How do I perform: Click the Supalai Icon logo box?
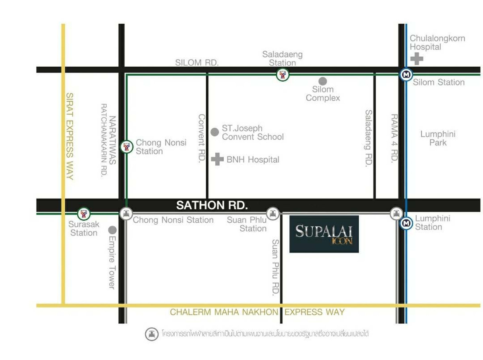(324, 234)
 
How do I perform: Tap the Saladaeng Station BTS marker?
(283, 74)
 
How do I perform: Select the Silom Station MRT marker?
(407, 74)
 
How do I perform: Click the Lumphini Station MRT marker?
(407, 223)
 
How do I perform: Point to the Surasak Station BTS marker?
(84, 213)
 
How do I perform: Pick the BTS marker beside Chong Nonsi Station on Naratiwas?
(127, 147)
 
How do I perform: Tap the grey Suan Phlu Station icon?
(273, 213)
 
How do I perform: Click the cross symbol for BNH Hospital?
(217, 159)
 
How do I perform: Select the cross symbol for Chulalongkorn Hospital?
(417, 59)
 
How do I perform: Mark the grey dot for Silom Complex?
(322, 81)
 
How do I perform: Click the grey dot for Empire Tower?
(112, 230)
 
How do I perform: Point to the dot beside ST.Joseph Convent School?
(215, 132)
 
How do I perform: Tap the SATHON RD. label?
(212, 205)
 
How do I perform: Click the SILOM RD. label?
(197, 63)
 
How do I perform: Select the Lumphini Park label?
(438, 138)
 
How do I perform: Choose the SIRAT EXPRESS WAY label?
(69, 136)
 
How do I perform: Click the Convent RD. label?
(202, 138)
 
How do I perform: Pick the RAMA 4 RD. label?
(394, 138)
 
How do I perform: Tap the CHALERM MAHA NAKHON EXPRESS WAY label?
(257, 312)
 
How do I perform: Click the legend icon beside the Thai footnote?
(152, 334)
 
